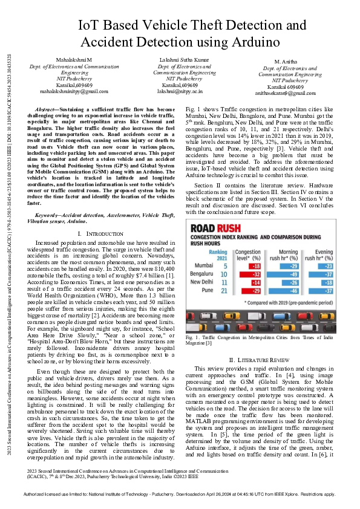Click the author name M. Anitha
(x=286, y=63)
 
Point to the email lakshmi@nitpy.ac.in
(x=180, y=91)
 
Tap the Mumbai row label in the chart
(x=205, y=265)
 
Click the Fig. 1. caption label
(x=192, y=336)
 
